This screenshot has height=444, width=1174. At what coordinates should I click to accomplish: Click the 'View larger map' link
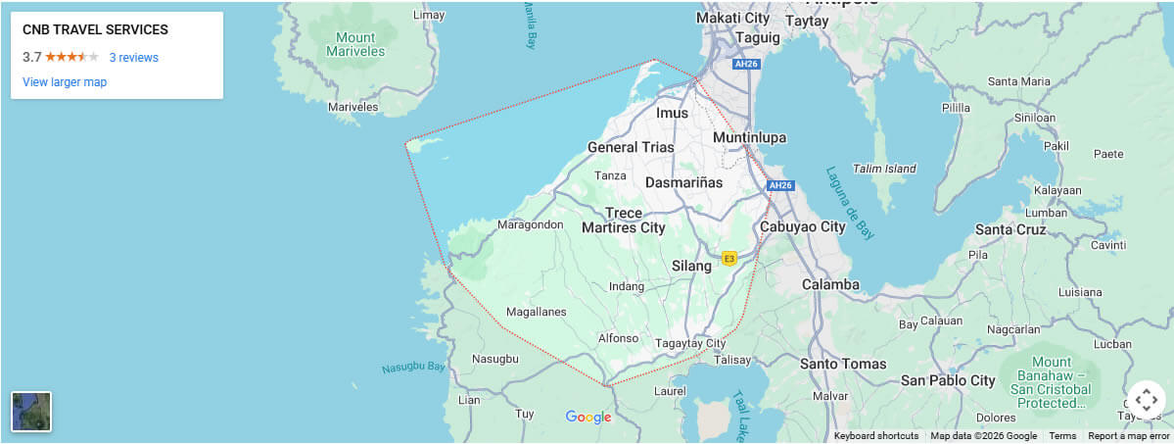point(65,82)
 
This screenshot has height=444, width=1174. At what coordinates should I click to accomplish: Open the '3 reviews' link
point(133,58)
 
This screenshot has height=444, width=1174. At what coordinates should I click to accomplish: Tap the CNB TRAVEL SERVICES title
point(95,30)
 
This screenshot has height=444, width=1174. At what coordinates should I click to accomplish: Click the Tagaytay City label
point(690,343)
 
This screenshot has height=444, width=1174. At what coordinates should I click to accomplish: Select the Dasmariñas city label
point(683,182)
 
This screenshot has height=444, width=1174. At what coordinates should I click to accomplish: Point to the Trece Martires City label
point(624,221)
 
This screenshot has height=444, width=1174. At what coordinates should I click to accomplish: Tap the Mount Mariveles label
point(354,44)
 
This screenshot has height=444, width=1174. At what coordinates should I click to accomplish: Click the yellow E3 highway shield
point(728,259)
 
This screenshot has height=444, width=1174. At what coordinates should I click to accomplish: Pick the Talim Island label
point(883,169)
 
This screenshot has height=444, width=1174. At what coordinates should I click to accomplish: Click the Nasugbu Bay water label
point(413,368)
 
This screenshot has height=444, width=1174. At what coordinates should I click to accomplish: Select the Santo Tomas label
point(843,364)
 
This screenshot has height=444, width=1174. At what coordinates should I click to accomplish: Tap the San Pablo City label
point(948,380)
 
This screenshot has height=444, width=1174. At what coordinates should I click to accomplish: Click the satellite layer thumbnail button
point(31,412)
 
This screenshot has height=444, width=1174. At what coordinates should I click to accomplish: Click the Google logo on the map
point(588,418)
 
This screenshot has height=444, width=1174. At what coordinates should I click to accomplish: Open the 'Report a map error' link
point(1129,436)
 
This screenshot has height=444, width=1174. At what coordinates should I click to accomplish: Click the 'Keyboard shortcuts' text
point(876,436)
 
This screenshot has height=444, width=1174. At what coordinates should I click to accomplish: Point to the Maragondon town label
point(531,224)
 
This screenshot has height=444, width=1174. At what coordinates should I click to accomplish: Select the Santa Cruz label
point(1010,229)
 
